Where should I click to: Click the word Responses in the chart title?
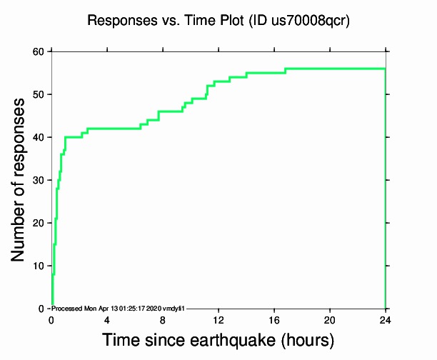tap(118, 21)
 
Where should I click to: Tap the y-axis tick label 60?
tap(37, 51)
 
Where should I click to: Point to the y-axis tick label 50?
tap(37, 94)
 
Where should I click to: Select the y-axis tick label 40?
tap(37, 137)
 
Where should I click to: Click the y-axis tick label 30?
tap(37, 180)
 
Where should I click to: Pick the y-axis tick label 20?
tap(37, 223)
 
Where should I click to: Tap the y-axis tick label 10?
tap(37, 266)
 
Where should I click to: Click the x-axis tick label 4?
tap(107, 319)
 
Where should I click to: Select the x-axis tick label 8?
tap(163, 319)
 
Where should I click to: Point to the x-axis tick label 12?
tap(218, 319)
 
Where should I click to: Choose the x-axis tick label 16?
tap(274, 319)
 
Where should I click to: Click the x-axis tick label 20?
tap(330, 319)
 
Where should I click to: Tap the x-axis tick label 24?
tap(386, 319)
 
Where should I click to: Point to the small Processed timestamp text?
tap(119, 308)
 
